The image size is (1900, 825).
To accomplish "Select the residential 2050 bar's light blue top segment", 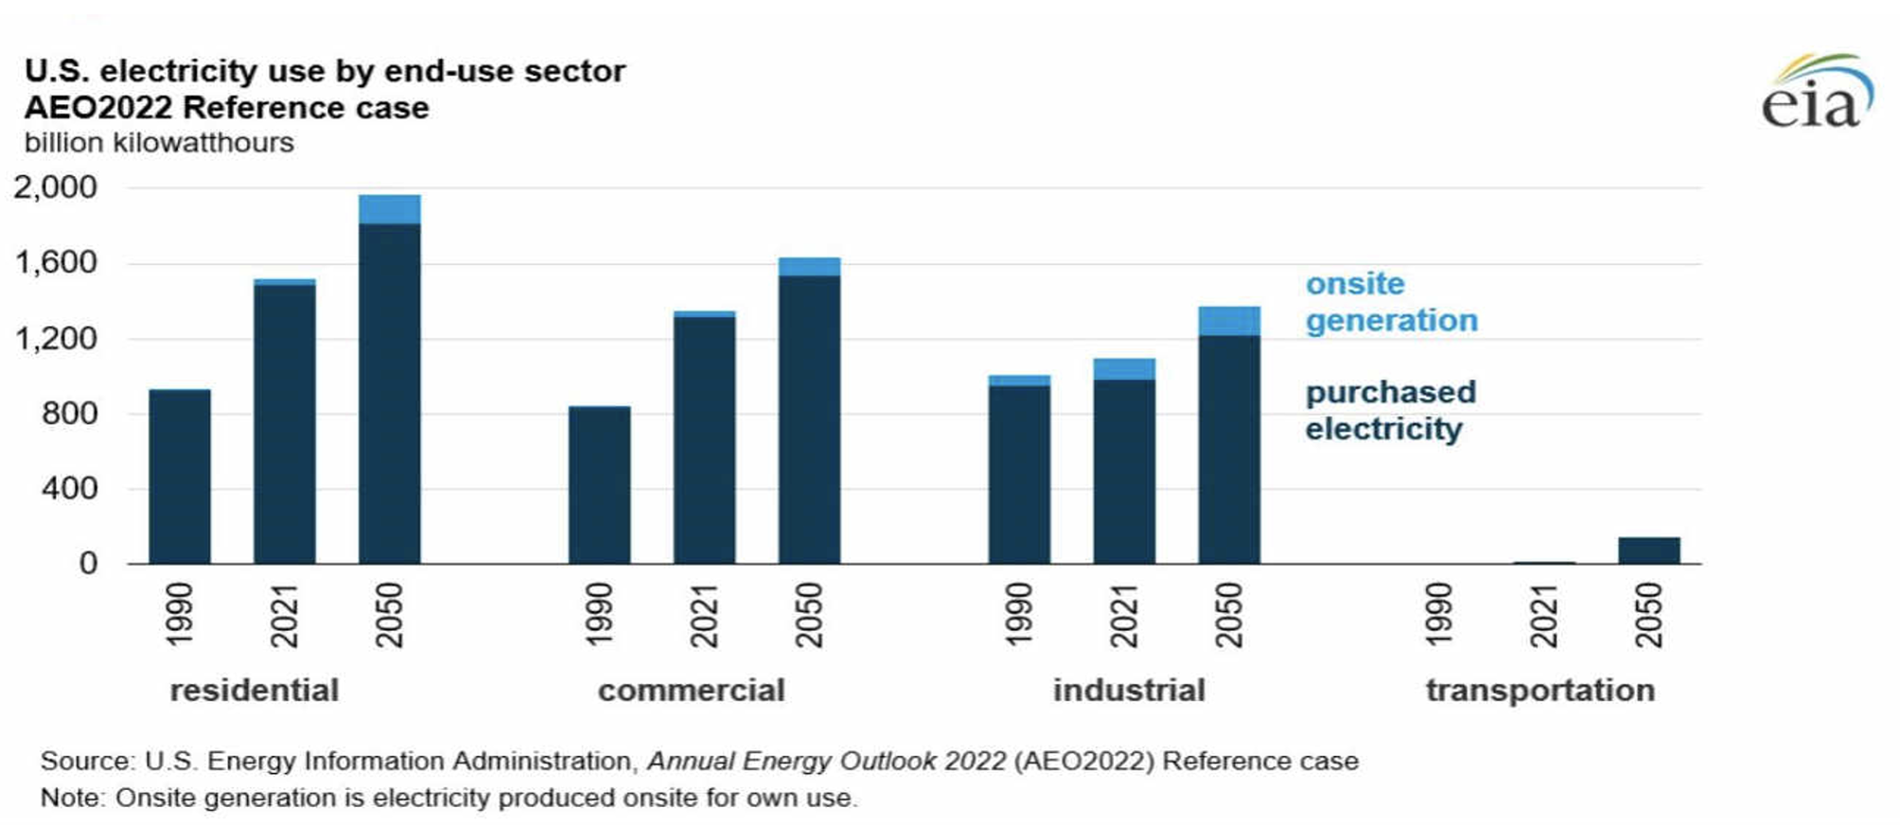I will tap(389, 209).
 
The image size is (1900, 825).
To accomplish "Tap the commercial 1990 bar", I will tap(599, 484).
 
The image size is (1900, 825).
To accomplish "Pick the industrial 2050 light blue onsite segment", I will tap(1228, 321).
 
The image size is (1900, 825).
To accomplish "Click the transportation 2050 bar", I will tap(1648, 550).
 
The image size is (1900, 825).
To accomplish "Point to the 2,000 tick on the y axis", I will tap(55, 187).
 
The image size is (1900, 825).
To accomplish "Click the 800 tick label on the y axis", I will tap(69, 413).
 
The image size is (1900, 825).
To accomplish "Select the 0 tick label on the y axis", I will tap(88, 564).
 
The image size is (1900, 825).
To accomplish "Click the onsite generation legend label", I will tap(1391, 302).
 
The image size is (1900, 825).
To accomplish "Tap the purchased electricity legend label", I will tap(1389, 411).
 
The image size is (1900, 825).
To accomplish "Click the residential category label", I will tap(254, 691).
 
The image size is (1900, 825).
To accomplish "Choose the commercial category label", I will tap(691, 691).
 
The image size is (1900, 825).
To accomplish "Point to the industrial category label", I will tap(1129, 691).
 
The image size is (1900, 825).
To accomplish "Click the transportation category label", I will tap(1539, 691).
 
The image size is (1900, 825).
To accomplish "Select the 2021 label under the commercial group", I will tap(704, 615).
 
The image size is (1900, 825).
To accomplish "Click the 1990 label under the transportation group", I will tap(1437, 615).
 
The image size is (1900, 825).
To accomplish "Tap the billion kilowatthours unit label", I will tap(159, 143).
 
